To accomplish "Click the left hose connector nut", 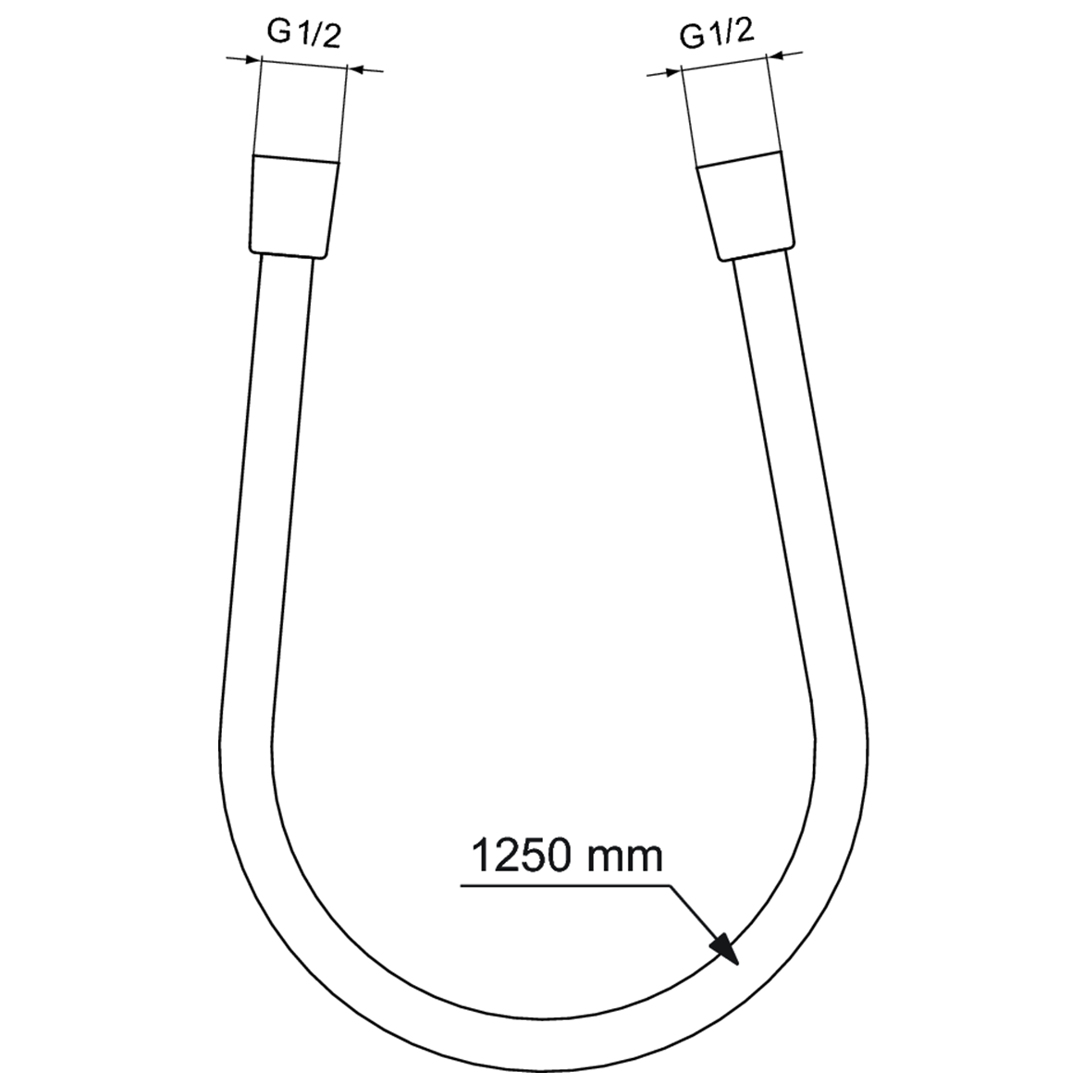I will [x=291, y=206].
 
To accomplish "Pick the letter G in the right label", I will [x=691, y=37].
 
